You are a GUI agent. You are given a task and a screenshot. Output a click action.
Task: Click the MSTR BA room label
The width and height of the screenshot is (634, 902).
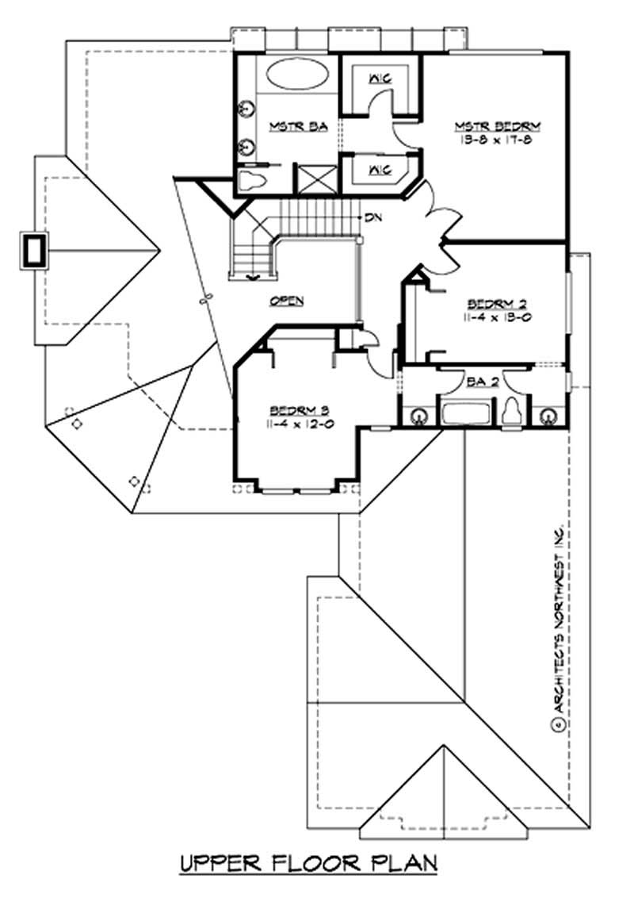[288, 128]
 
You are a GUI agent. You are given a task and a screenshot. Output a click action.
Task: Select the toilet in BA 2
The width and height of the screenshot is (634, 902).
[512, 411]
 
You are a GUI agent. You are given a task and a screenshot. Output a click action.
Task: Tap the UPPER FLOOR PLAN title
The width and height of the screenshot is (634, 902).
[309, 862]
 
